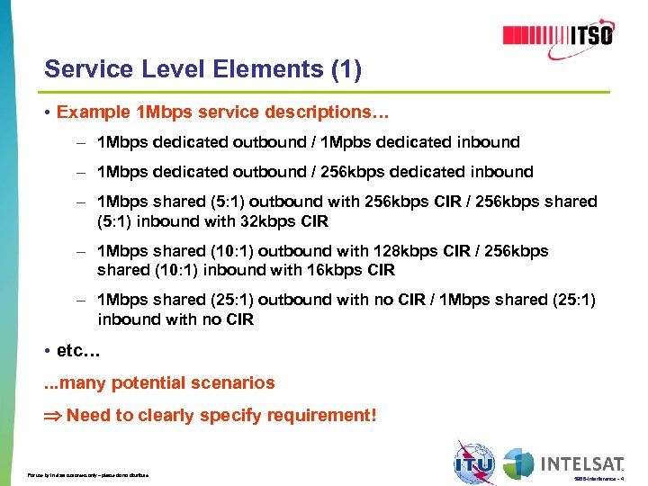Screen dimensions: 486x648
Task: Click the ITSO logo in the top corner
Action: [558, 35]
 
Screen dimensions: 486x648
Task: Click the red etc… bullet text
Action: [76, 349]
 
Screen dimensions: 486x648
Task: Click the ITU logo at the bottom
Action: [474, 463]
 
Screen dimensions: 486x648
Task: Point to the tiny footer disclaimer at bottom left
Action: [88, 474]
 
